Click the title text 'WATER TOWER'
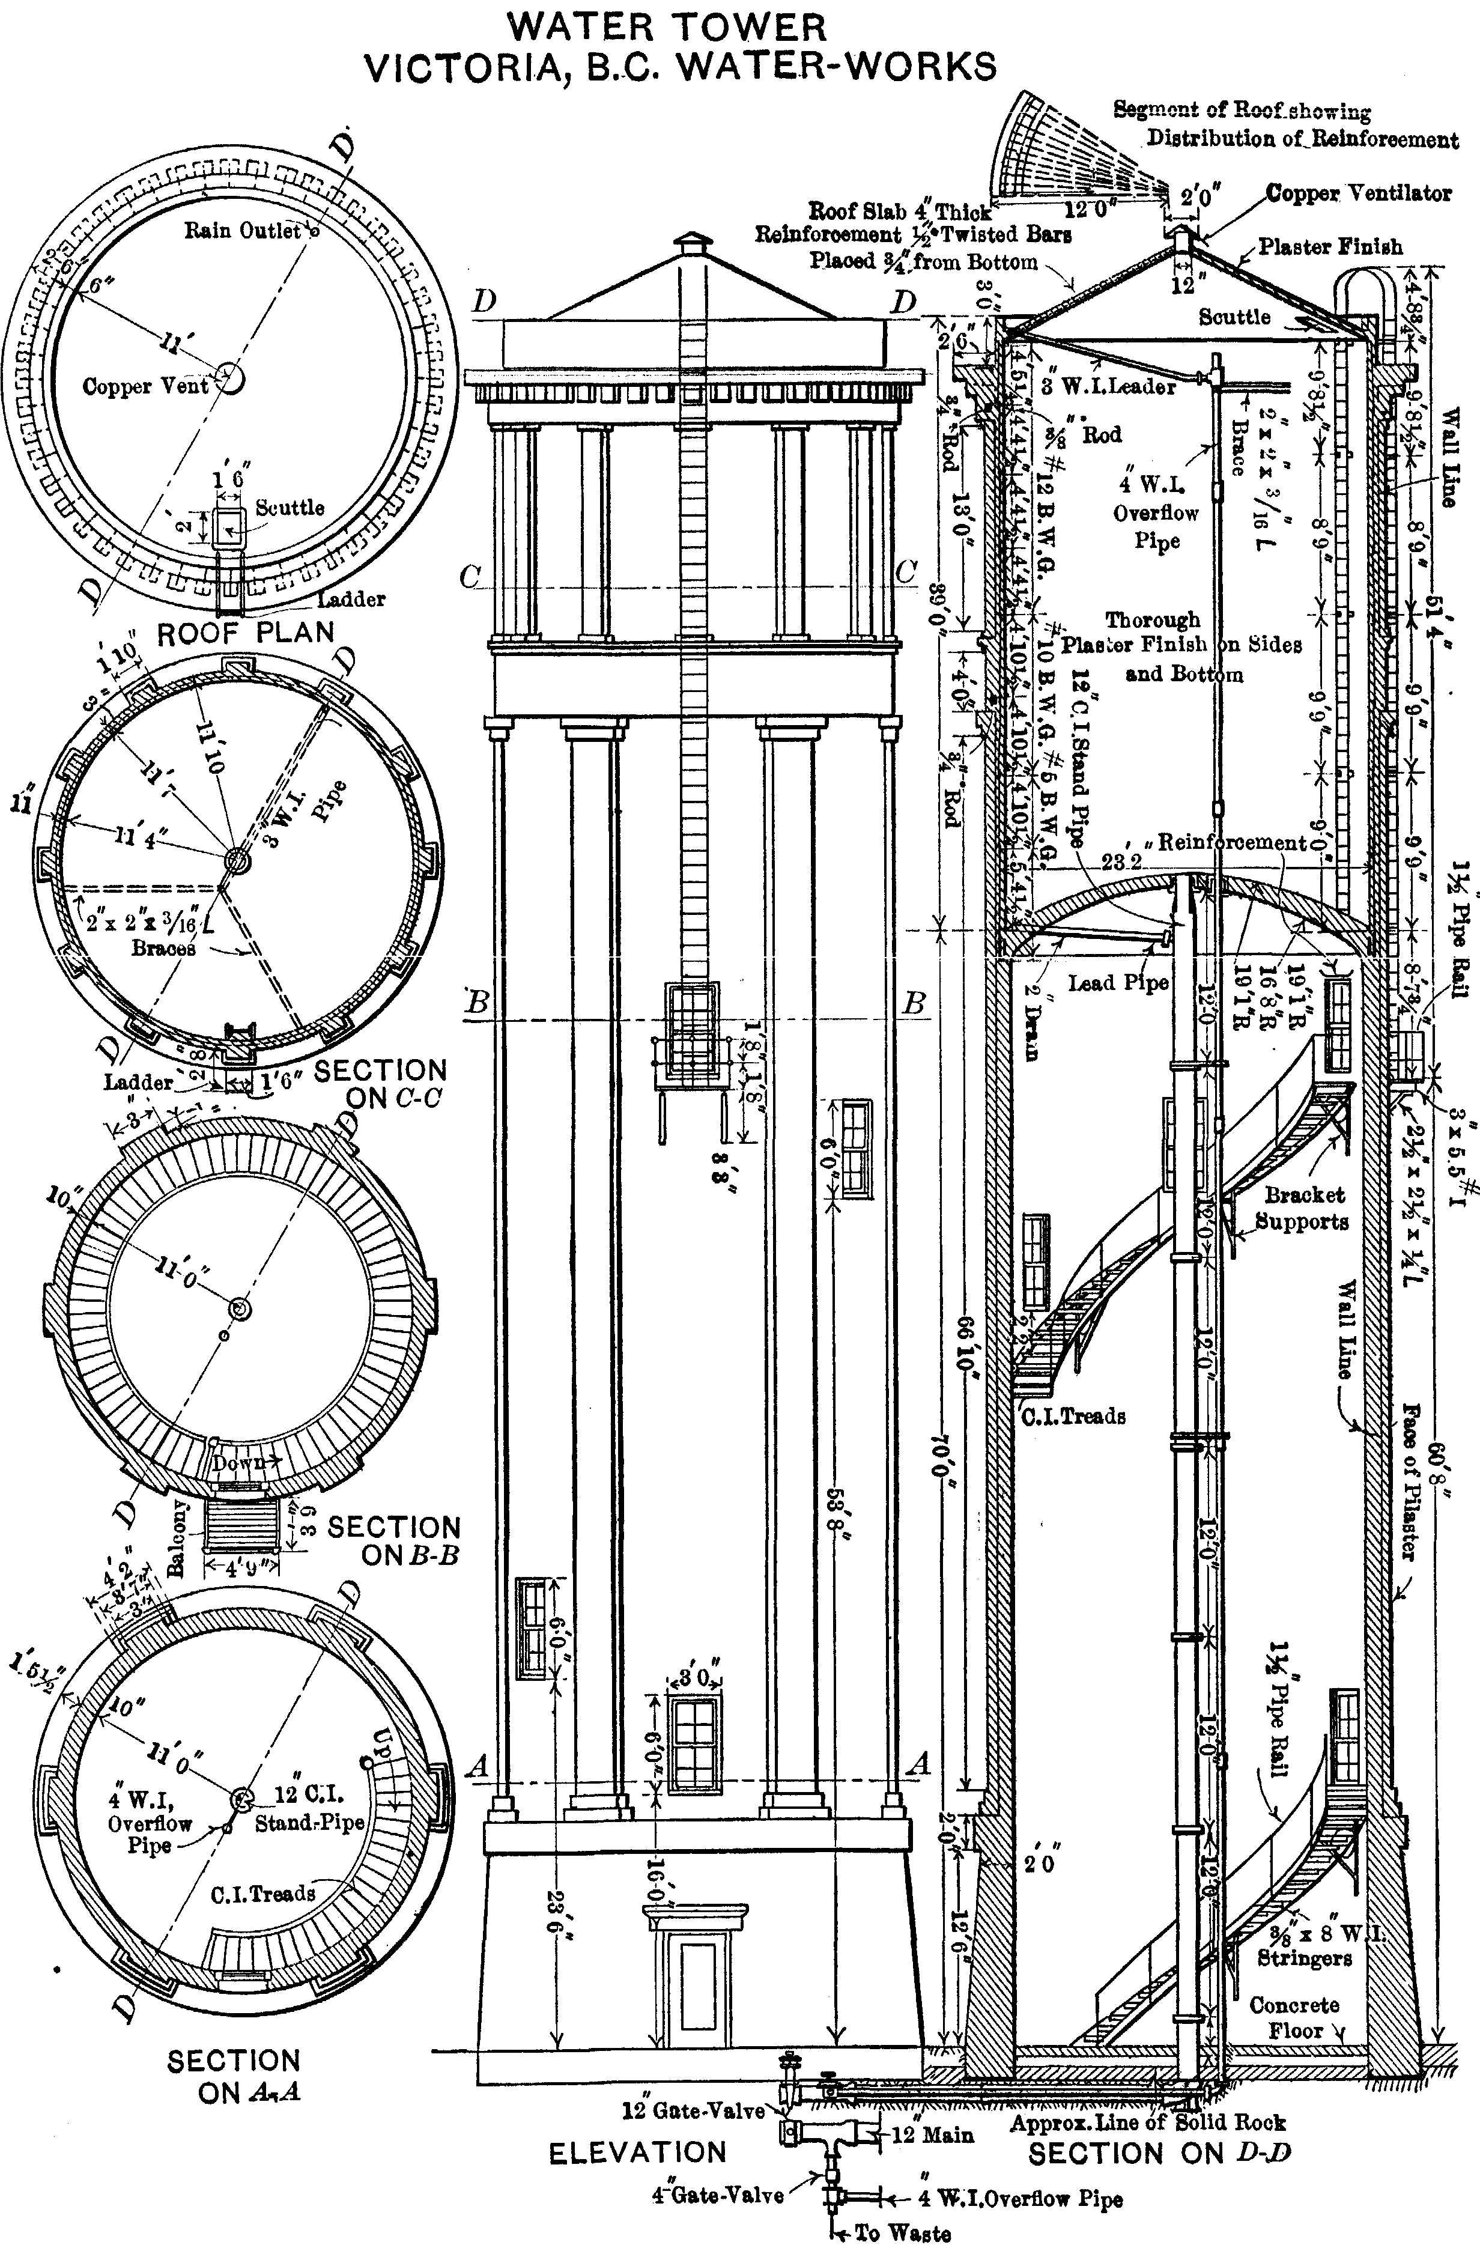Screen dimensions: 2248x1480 click(x=667, y=28)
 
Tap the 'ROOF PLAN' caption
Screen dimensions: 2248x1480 click(x=246, y=633)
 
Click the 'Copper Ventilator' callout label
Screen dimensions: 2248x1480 click(x=1358, y=193)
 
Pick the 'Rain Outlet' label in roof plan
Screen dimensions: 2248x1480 click(x=243, y=231)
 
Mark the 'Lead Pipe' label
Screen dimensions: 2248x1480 click(x=1117, y=983)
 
